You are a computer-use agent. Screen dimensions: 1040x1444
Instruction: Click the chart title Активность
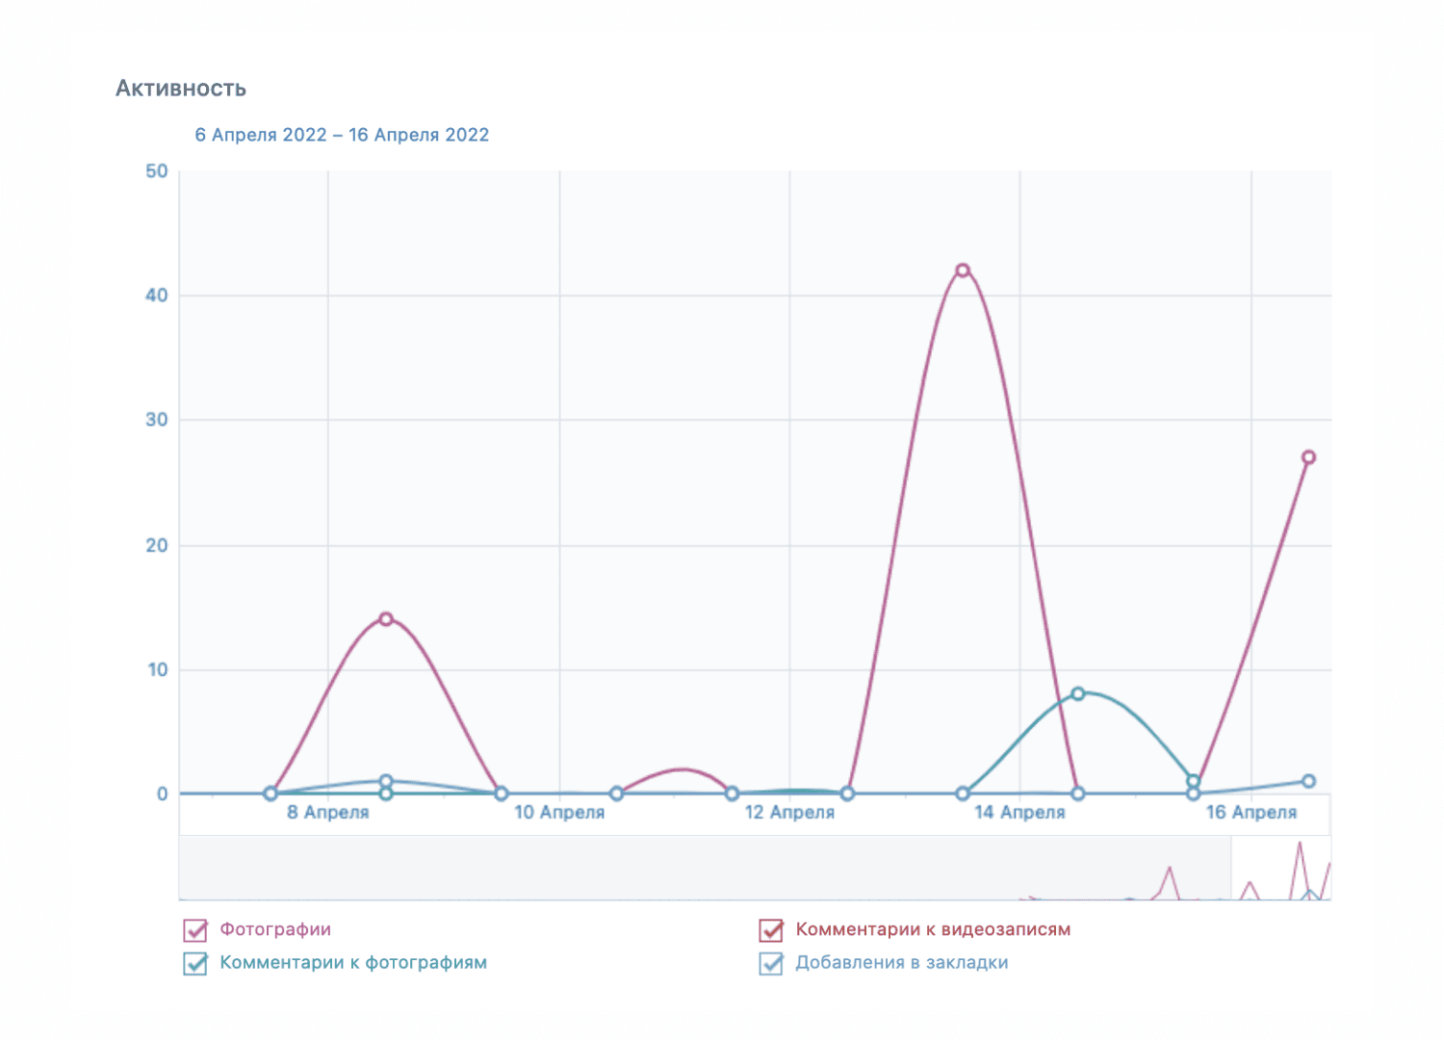coord(181,89)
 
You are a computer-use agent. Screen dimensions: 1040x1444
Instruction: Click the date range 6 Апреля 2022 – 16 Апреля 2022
coord(342,135)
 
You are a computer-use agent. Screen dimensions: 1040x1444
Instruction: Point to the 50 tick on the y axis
coord(157,171)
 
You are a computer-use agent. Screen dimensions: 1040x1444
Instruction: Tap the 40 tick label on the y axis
coord(157,296)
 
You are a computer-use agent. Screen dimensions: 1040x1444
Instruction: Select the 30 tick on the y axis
coord(157,420)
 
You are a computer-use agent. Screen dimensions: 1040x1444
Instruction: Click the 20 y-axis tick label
coord(157,545)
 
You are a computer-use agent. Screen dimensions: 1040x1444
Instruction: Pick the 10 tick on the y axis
coord(157,669)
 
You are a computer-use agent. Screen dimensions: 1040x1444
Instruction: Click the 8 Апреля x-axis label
coord(328,813)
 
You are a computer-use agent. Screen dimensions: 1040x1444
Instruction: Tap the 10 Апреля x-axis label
coord(559,813)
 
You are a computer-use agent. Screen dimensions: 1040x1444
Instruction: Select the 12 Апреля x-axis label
coord(789,813)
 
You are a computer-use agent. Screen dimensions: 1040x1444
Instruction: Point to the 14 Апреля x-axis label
coord(1019,813)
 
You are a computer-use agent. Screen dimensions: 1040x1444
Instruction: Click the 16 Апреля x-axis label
coord(1251,813)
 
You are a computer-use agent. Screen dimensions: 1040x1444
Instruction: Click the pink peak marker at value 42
coord(963,271)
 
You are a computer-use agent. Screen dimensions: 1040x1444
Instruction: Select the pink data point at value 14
coord(386,619)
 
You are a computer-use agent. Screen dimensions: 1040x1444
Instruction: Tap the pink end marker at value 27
coord(1308,457)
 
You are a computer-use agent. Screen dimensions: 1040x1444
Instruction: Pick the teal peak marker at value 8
coord(1078,693)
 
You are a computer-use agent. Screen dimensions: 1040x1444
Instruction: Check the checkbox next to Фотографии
coord(195,930)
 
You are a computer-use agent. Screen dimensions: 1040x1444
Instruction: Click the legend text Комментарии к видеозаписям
coord(933,930)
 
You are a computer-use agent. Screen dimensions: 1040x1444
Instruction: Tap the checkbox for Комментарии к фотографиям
coord(195,963)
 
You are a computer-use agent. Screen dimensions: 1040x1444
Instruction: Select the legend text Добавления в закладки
coord(902,963)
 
